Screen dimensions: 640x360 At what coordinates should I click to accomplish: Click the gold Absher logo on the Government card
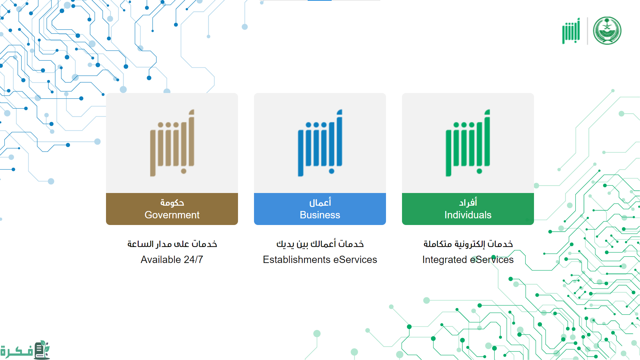pyautogui.click(x=172, y=143)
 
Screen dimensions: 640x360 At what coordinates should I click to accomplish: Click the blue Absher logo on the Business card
pyautogui.click(x=320, y=143)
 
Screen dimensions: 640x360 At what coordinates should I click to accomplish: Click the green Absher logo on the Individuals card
pyautogui.click(x=468, y=143)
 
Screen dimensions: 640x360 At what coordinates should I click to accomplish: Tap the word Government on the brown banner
pyautogui.click(x=172, y=215)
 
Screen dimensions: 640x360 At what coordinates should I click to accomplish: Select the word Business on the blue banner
pyautogui.click(x=320, y=215)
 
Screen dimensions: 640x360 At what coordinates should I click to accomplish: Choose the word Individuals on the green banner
pyautogui.click(x=468, y=215)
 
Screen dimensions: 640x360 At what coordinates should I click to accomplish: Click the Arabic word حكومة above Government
pyautogui.click(x=172, y=203)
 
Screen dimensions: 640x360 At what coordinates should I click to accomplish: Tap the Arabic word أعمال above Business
pyautogui.click(x=320, y=202)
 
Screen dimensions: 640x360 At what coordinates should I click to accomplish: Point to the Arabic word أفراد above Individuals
pyautogui.click(x=468, y=202)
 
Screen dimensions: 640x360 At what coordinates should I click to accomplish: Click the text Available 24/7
pyautogui.click(x=172, y=260)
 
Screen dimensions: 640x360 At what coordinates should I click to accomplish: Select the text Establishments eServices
pyautogui.click(x=320, y=260)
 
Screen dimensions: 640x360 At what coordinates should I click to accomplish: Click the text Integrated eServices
pyautogui.click(x=468, y=260)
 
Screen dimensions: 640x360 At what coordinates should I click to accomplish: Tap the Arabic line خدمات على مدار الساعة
pyautogui.click(x=172, y=244)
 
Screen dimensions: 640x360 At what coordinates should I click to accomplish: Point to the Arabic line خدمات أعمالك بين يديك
pyautogui.click(x=320, y=244)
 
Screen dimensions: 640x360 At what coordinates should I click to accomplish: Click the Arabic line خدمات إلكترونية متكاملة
pyautogui.click(x=468, y=244)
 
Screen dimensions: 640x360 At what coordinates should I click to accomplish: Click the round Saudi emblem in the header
pyautogui.click(x=607, y=31)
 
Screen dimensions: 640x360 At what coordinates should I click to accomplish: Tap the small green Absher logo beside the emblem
pyautogui.click(x=571, y=31)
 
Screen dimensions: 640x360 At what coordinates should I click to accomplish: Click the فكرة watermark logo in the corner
pyautogui.click(x=25, y=350)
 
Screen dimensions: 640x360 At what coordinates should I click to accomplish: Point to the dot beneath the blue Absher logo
pyautogui.click(x=332, y=171)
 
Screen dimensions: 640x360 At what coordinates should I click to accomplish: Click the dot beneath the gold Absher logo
pyautogui.click(x=184, y=171)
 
